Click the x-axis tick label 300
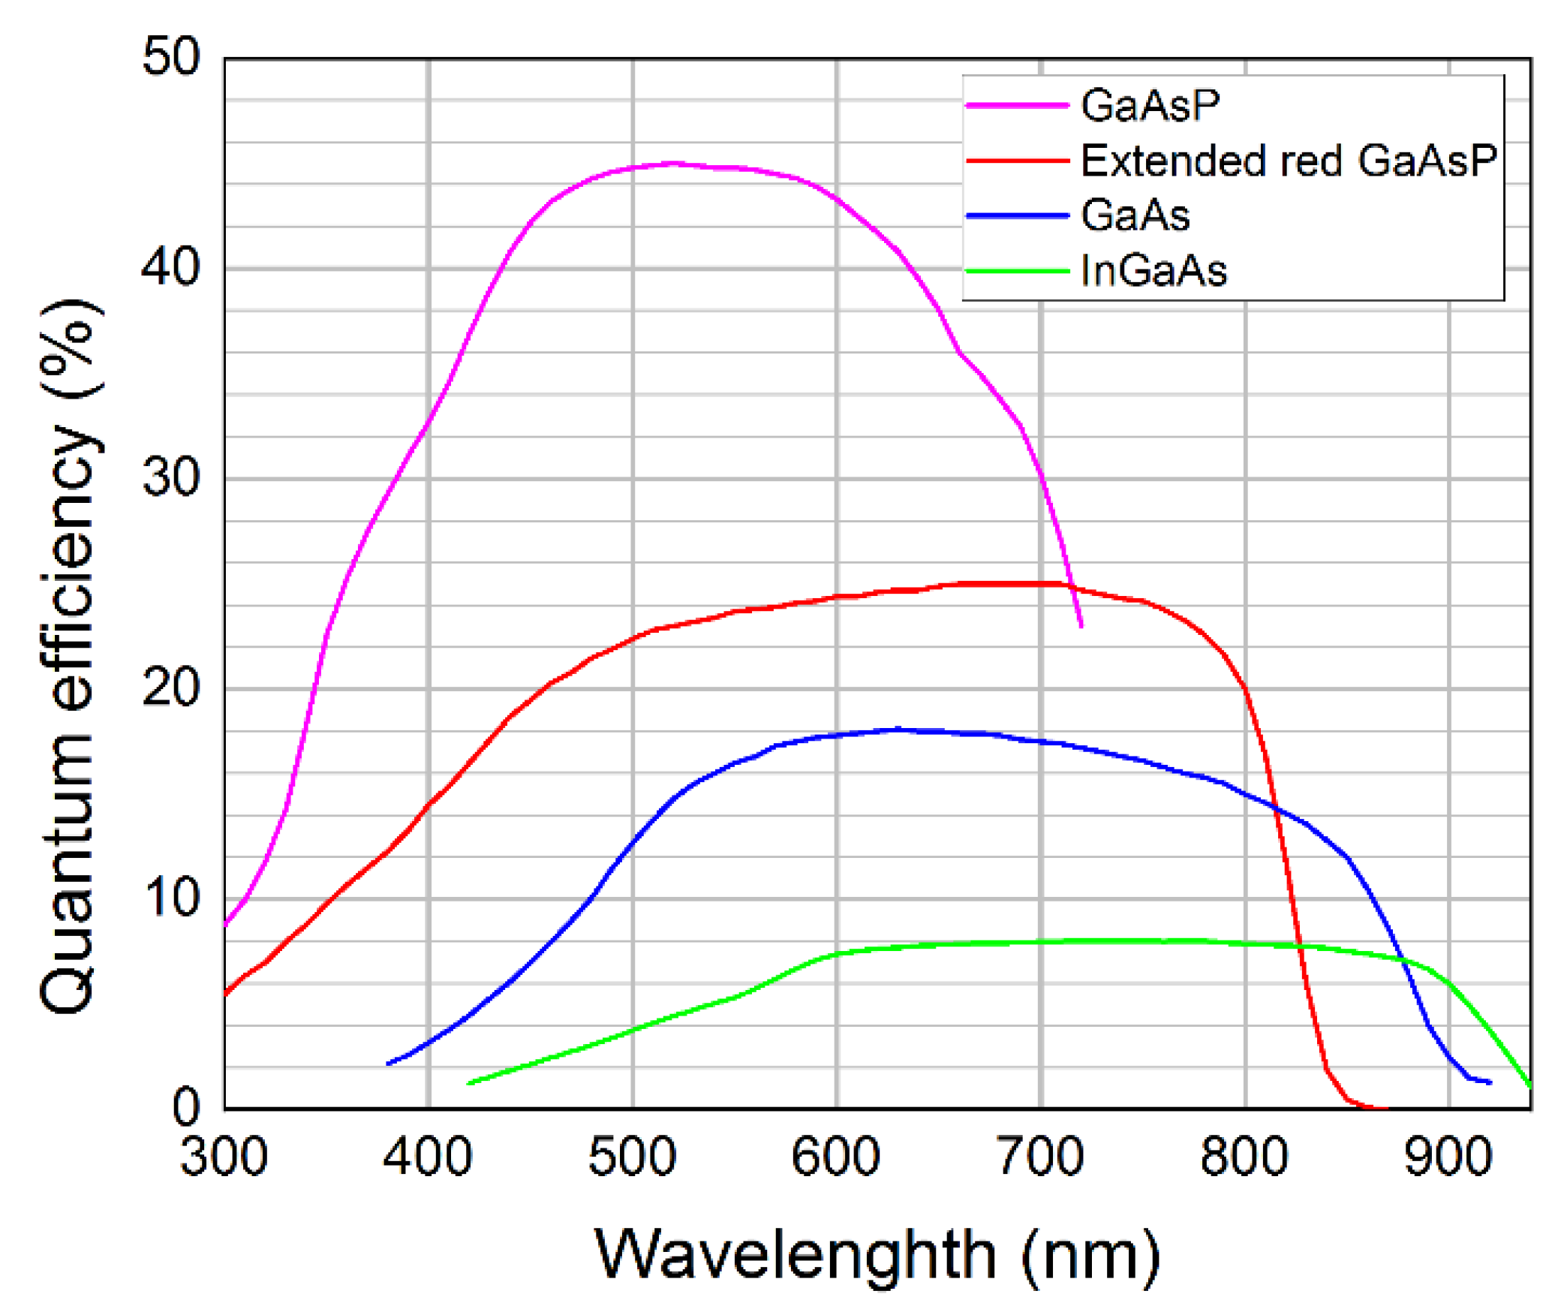tap(224, 1157)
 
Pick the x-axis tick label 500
tap(632, 1157)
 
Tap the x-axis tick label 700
tap(1040, 1157)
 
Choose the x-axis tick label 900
tap(1448, 1157)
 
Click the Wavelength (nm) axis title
tap(877, 1254)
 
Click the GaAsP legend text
tap(1150, 105)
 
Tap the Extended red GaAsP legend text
tap(1288, 161)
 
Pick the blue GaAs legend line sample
tap(1017, 215)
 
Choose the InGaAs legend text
tap(1153, 271)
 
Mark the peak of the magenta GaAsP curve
tap(673, 163)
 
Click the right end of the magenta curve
tap(1081, 625)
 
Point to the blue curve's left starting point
tap(388, 1064)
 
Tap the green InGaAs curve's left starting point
tap(468, 1083)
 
